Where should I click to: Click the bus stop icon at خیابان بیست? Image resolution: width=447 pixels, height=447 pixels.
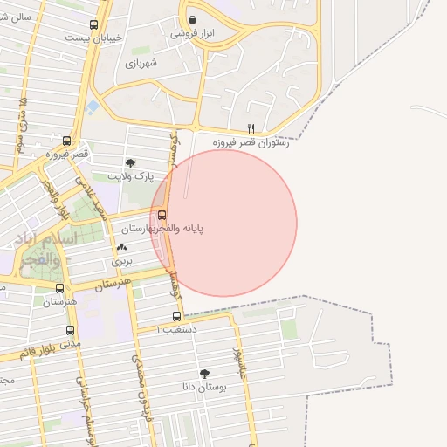(x=94, y=25)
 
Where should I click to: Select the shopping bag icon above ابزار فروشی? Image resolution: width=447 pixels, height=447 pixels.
(x=192, y=19)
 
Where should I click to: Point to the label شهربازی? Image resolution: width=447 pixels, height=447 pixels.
(x=141, y=63)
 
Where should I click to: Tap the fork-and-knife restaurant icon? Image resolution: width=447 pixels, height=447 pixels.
(x=251, y=127)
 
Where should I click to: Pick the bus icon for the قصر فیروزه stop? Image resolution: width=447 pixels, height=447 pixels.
(x=67, y=141)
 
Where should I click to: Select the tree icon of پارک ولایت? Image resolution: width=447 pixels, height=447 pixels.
(x=131, y=162)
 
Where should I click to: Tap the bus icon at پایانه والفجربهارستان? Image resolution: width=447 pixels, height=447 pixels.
(x=162, y=214)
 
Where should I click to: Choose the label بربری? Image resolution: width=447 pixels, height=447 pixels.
(x=120, y=261)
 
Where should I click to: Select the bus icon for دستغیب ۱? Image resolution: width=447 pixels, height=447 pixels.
(x=177, y=316)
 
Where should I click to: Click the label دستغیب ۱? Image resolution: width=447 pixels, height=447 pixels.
(x=177, y=330)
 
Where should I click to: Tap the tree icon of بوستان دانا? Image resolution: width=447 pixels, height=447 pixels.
(x=204, y=373)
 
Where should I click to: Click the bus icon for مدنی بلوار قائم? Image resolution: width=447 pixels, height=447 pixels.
(x=70, y=330)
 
